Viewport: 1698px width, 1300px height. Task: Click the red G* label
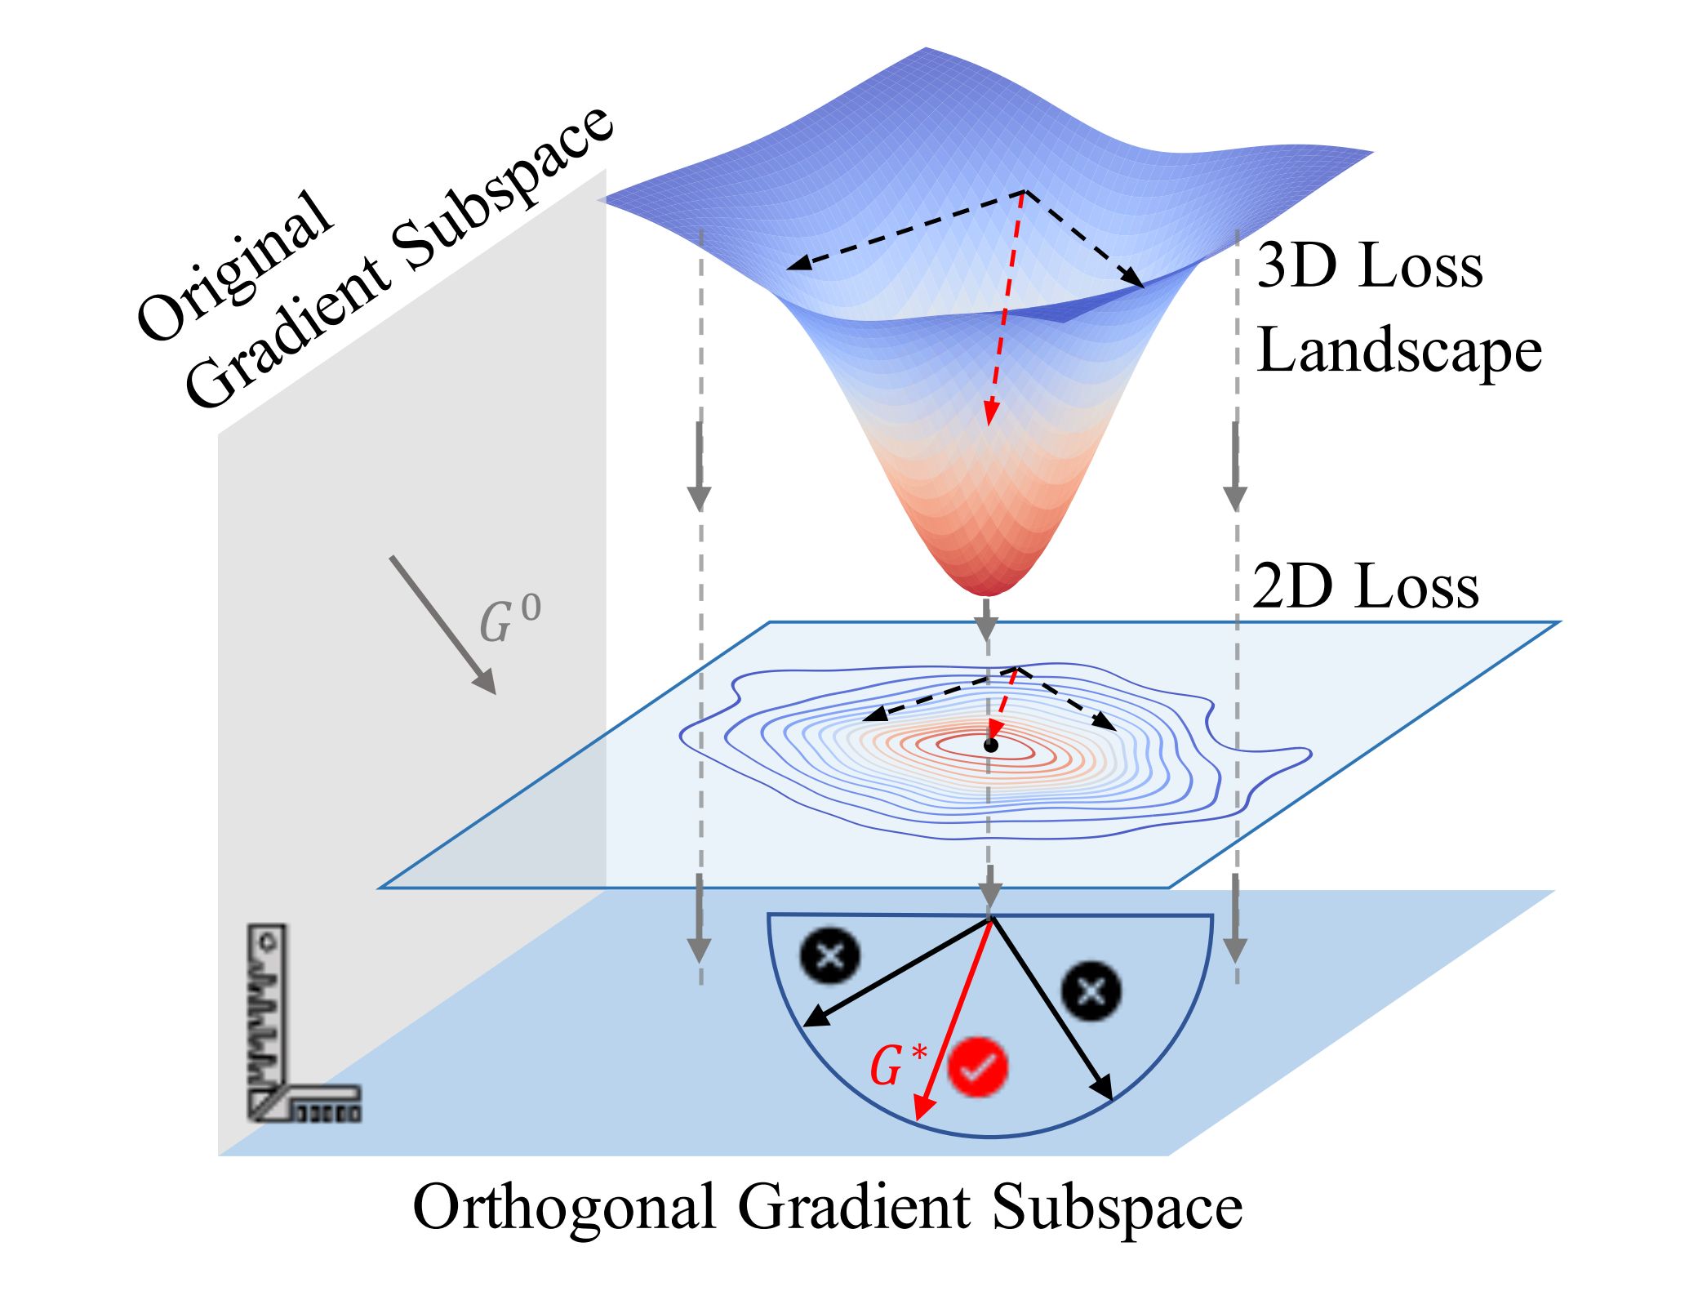[898, 1064]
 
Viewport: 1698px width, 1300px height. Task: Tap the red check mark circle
[977, 1066]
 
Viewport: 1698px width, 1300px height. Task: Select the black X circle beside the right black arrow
[1091, 991]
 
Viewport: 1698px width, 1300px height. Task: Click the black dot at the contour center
[991, 745]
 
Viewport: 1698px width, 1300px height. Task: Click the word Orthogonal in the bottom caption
[565, 1207]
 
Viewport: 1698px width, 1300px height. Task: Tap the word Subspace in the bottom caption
[1118, 1207]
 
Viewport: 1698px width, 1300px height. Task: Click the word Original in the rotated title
[235, 265]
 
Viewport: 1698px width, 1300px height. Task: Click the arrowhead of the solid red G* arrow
[924, 1108]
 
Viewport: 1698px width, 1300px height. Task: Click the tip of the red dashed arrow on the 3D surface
[990, 424]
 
